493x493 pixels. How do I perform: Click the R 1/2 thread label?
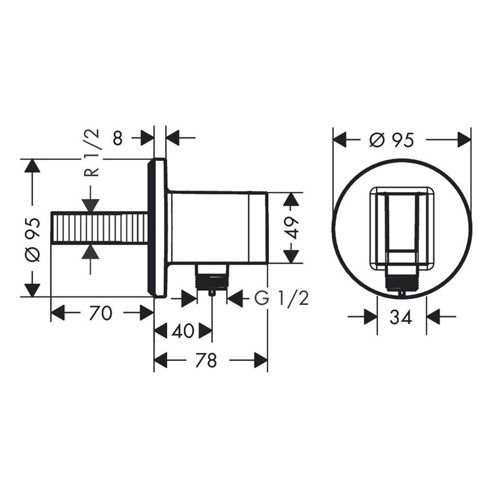coord(91,153)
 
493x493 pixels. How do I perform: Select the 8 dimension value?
coord(118,138)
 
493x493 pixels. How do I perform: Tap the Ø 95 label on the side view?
coord(33,239)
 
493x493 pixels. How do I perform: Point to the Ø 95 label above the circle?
coord(392,139)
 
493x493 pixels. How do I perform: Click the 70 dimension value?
coord(101,313)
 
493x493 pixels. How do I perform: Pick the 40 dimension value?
coord(183,331)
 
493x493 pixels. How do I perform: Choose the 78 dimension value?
coord(206,360)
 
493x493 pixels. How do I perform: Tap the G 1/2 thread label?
coord(281,298)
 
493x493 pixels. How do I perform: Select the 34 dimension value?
coord(400,317)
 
